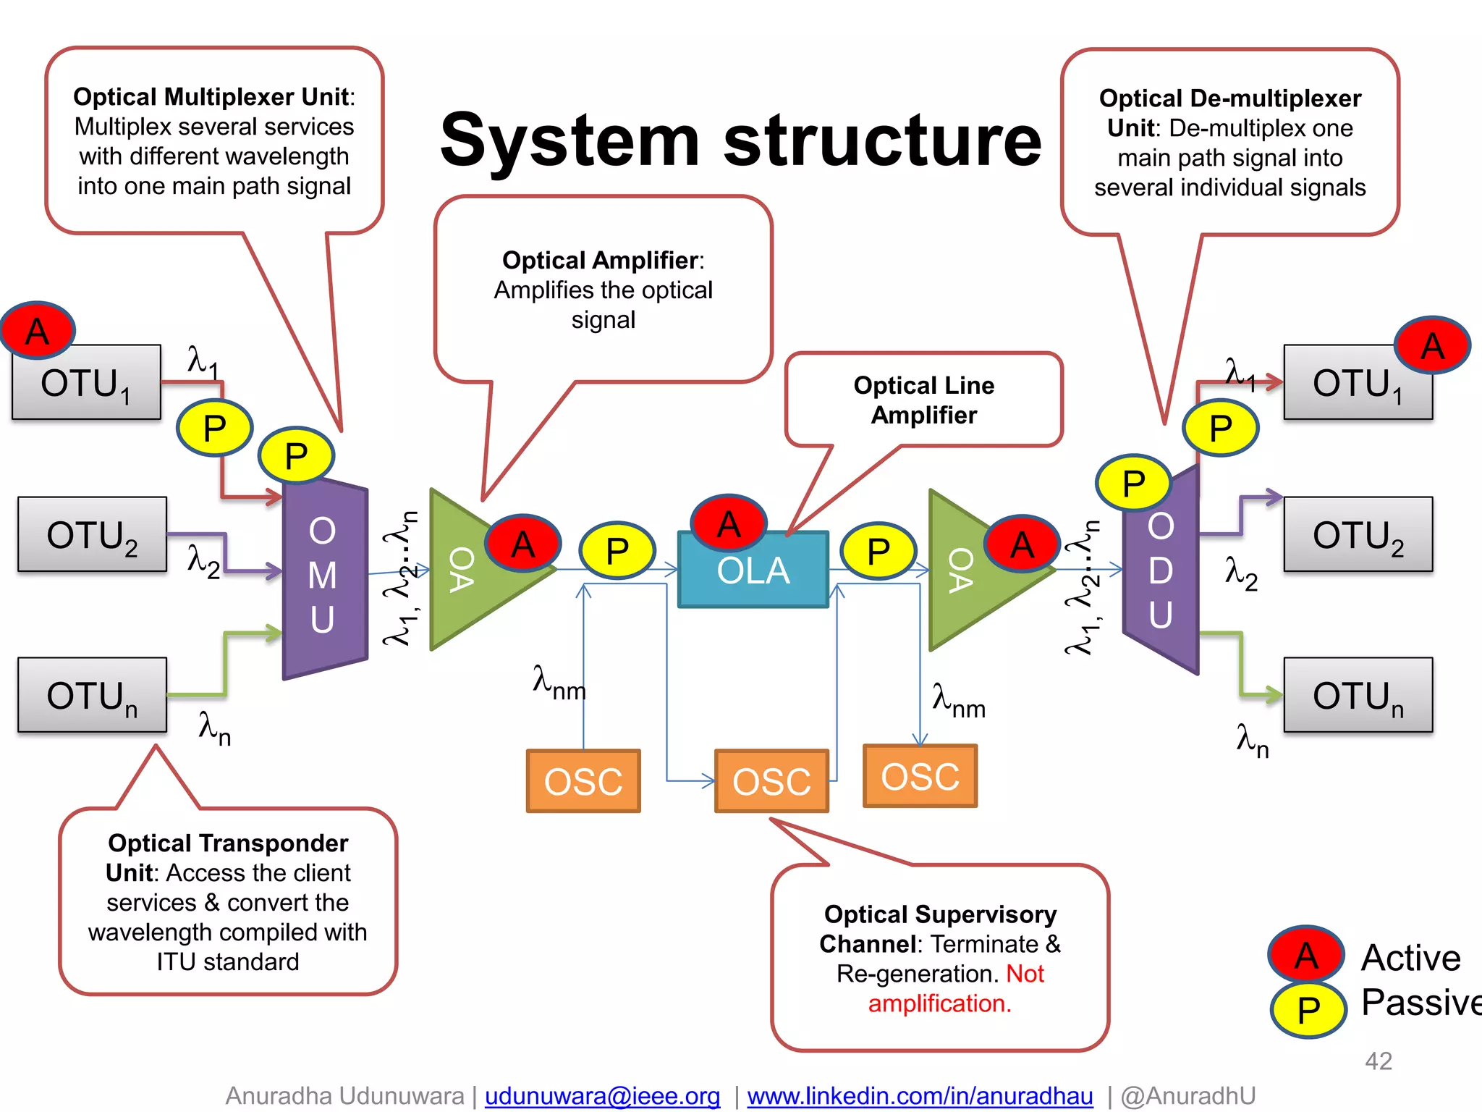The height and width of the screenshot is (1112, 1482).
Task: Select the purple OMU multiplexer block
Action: [x=323, y=576]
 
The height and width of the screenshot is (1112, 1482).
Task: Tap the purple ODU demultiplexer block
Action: [x=1161, y=572]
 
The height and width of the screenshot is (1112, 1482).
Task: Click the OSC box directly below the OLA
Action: [x=771, y=781]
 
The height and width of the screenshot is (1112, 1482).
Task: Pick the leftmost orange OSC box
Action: [x=583, y=781]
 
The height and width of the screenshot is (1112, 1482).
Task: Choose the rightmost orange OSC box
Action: [x=920, y=776]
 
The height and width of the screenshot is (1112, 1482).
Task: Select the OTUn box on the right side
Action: [x=1358, y=695]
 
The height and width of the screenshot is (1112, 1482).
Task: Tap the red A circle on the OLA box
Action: [x=729, y=523]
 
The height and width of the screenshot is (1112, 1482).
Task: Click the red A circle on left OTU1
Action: [x=38, y=331]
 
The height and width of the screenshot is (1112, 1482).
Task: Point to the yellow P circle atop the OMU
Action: [x=296, y=455]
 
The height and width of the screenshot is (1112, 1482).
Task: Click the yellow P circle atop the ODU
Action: [x=1133, y=483]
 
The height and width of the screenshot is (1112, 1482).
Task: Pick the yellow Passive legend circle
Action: [x=1308, y=1009]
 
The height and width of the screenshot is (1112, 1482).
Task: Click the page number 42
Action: [x=1378, y=1061]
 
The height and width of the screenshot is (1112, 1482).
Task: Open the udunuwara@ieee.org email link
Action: [x=602, y=1095]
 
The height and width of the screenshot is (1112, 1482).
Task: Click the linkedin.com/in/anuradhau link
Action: [x=920, y=1095]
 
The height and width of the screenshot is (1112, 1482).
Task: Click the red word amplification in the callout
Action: [x=939, y=1003]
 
